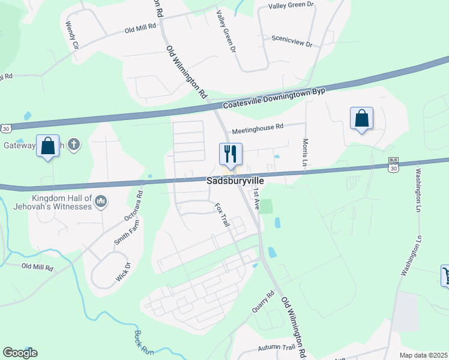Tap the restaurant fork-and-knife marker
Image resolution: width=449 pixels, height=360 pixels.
231,154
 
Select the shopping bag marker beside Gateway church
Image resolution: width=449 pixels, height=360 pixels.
48,146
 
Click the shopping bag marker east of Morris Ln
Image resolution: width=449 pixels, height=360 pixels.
361,118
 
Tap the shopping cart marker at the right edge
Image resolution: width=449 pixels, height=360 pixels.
446,275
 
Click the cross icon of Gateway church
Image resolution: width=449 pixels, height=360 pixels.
73,145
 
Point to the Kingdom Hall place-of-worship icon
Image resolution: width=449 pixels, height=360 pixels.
101,201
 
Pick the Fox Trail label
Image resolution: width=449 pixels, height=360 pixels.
222,214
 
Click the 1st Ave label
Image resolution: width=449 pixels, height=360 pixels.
256,198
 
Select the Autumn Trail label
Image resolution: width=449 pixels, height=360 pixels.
276,347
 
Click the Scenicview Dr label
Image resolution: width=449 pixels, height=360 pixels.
292,40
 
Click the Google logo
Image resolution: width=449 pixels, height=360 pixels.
20,353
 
